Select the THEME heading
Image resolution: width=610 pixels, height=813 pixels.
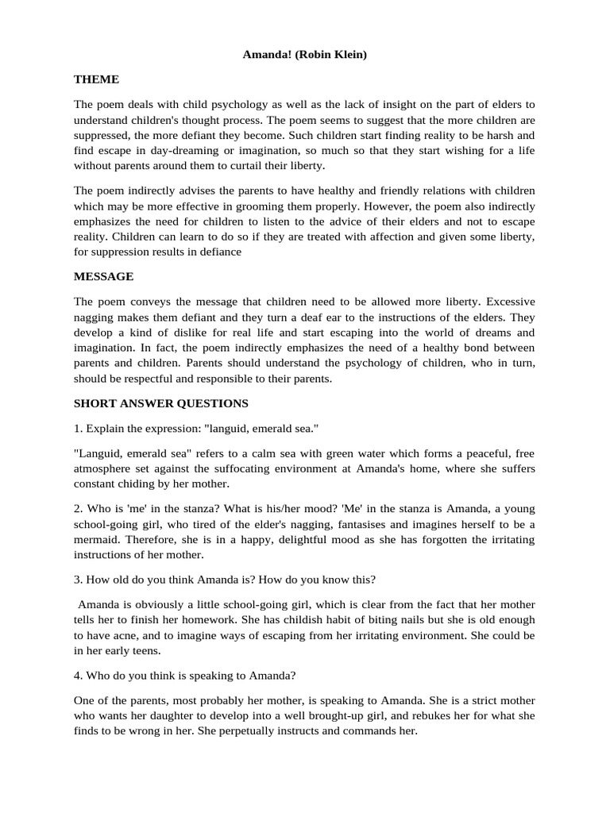[x=96, y=79]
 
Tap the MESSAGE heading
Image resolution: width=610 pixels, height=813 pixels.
[x=103, y=276]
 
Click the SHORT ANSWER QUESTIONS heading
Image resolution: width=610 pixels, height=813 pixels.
[x=161, y=403]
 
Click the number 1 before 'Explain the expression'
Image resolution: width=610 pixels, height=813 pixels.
[x=77, y=429]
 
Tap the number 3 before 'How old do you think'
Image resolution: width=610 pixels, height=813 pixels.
[x=77, y=580]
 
